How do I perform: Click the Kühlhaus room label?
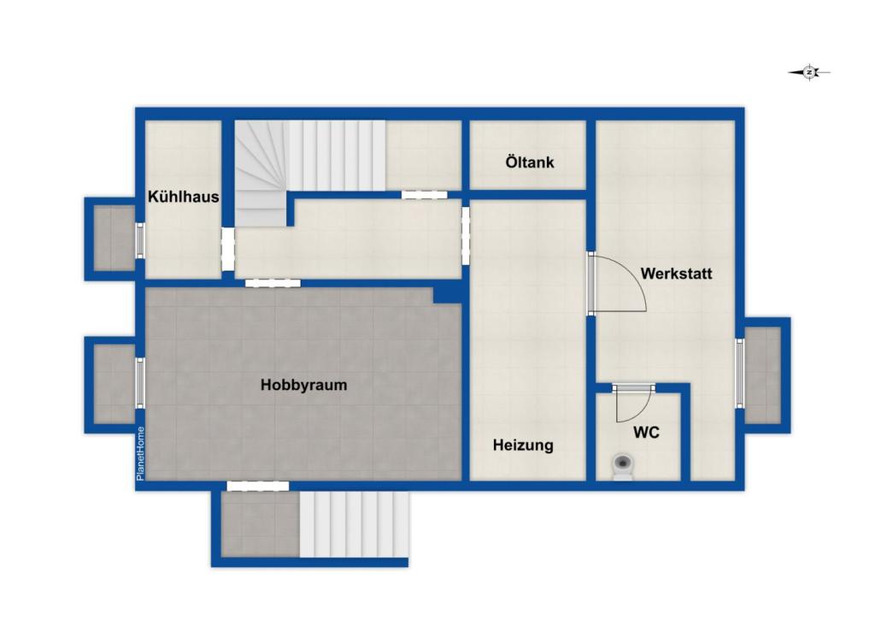point(184,197)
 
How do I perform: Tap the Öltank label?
point(530,162)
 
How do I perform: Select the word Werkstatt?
point(677,274)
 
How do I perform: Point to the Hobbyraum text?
point(303,385)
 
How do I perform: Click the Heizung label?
point(523,446)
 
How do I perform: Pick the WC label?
point(646,433)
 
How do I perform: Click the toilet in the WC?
point(622,466)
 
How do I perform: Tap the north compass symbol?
point(809,72)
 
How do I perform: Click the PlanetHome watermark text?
point(140,453)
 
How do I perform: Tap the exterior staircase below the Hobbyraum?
point(355,524)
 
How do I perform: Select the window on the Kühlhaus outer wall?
point(141,240)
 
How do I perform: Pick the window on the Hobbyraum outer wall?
point(141,383)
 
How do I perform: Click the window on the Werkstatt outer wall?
point(739,373)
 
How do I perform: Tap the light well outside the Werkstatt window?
point(762,375)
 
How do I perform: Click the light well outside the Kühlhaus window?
point(115,239)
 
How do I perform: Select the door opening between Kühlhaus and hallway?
point(227,249)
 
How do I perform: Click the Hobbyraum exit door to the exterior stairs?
point(258,486)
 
